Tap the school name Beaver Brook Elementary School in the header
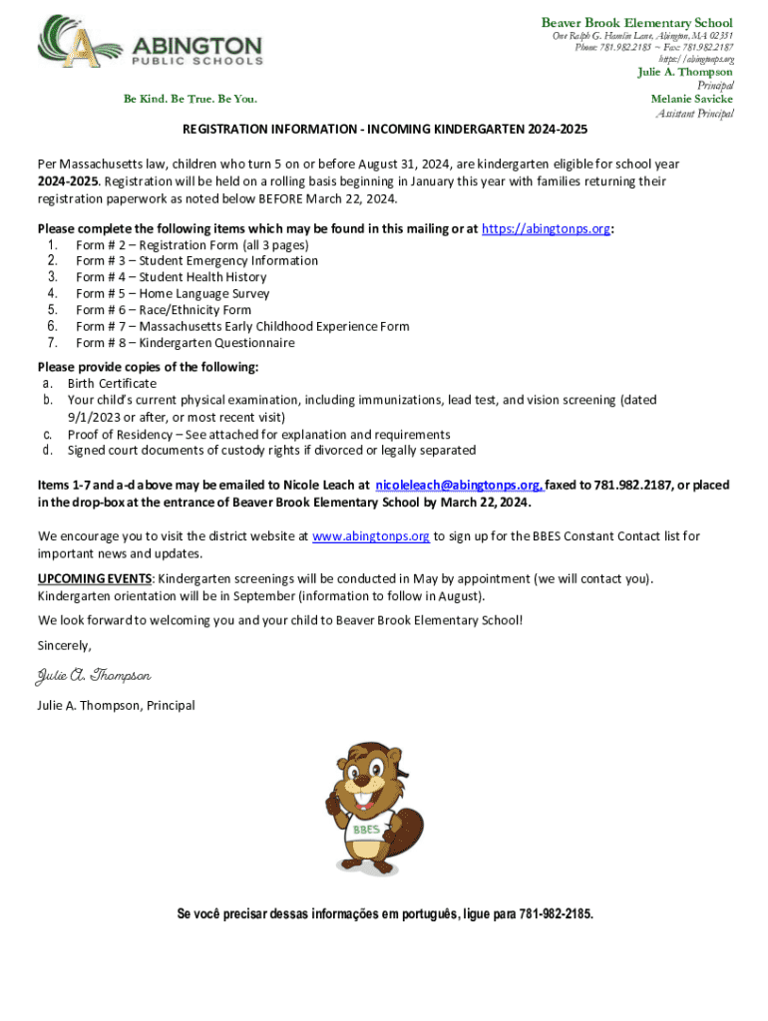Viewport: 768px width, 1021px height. [x=636, y=22]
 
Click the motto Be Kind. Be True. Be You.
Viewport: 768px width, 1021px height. [x=190, y=99]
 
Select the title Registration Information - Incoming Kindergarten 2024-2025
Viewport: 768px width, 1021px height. [x=384, y=130]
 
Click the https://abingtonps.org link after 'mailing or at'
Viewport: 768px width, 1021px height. [x=546, y=228]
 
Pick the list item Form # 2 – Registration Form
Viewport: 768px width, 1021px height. [x=192, y=244]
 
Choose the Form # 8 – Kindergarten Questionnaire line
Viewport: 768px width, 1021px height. [x=186, y=342]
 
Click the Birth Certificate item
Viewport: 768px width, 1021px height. [x=112, y=383]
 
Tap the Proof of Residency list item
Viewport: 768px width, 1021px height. [x=258, y=434]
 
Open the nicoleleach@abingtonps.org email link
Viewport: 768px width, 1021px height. [x=459, y=485]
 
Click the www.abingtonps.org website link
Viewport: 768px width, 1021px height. [x=371, y=535]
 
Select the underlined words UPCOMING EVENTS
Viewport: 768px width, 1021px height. [x=95, y=578]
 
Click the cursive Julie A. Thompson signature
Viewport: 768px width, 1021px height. [x=94, y=676]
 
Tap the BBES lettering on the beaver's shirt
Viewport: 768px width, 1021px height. [x=364, y=829]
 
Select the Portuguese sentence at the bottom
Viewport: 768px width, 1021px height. [x=384, y=914]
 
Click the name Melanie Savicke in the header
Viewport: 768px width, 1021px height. [x=691, y=99]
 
